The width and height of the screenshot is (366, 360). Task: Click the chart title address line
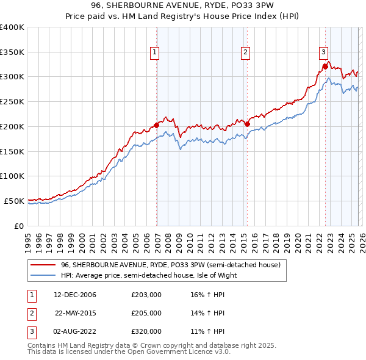[183, 6]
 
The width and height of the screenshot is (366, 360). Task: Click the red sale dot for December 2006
[157, 125]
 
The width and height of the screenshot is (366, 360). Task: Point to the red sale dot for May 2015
[248, 124]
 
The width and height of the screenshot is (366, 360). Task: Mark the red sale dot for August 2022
[325, 67]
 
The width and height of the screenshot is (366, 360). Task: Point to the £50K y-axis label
[14, 201]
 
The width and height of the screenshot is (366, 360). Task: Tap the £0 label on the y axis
[19, 226]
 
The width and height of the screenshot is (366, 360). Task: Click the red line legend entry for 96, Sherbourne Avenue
[170, 265]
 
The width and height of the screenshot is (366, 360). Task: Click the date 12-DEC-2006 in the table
[75, 295]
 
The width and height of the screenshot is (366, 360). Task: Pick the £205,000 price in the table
[146, 313]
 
